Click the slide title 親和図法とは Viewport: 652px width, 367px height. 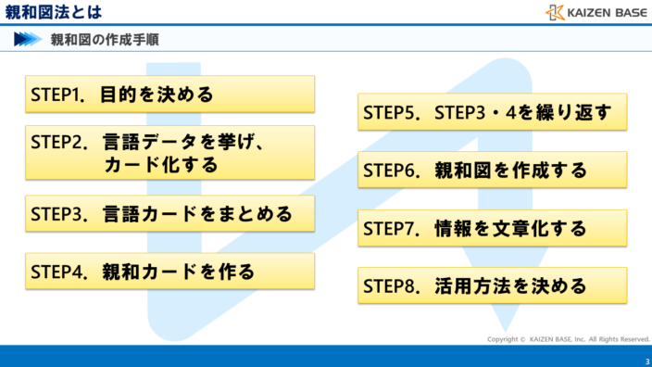(54, 12)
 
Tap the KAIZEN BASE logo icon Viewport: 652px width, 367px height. (555, 12)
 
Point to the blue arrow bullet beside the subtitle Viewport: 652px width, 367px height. (27, 39)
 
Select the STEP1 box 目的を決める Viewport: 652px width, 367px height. (169, 95)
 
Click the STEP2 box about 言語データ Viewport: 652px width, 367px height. (169, 153)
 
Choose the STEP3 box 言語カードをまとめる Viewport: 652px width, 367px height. (169, 214)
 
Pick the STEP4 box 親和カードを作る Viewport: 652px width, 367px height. (169, 272)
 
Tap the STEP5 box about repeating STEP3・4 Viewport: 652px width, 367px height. (492, 112)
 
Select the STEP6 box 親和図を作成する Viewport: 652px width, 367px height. (492, 171)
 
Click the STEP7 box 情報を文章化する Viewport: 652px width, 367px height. (492, 228)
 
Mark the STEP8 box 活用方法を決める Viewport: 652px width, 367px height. (492, 285)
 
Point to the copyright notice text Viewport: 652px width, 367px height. (568, 339)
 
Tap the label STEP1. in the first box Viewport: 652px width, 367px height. (58, 95)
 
